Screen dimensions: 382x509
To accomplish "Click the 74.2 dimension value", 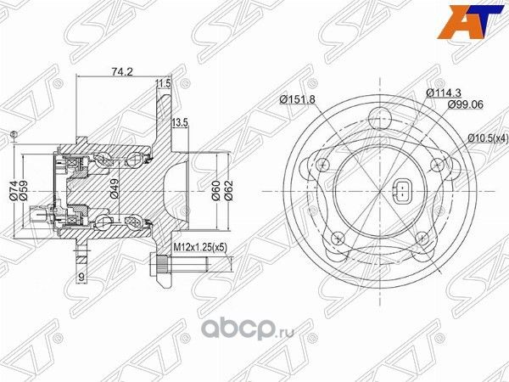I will [117, 72].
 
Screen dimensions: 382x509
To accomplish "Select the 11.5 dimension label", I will [164, 83].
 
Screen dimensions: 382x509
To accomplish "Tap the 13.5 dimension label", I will [180, 123].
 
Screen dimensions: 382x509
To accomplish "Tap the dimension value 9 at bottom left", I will [81, 277].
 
